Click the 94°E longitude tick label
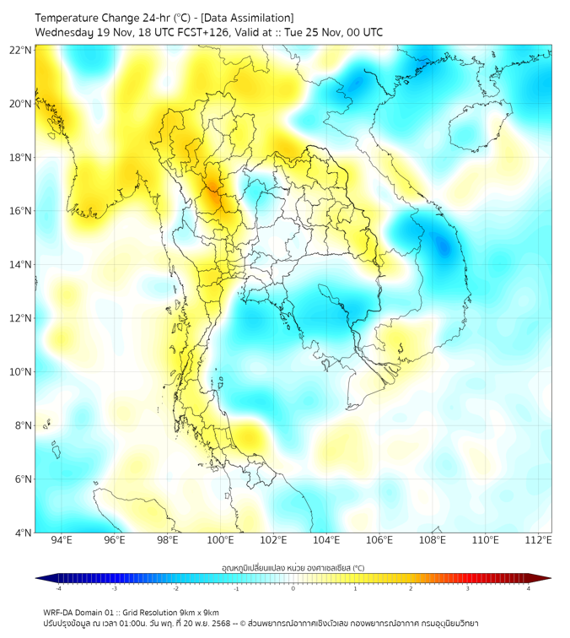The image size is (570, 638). pos(62,540)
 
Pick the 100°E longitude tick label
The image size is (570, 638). pos(221,540)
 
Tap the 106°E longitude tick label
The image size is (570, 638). pos(380,540)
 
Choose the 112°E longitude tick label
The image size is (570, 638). pos(539,540)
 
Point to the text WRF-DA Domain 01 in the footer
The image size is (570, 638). pos(82,612)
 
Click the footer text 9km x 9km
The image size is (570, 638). pos(198,612)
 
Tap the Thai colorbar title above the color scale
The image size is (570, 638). pos(293,567)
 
